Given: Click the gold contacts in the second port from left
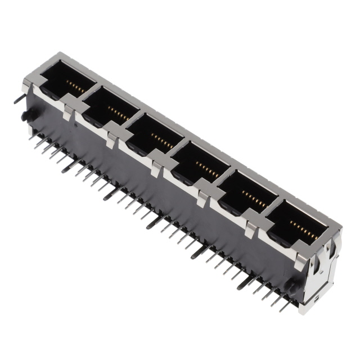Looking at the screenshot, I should coord(116,113).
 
